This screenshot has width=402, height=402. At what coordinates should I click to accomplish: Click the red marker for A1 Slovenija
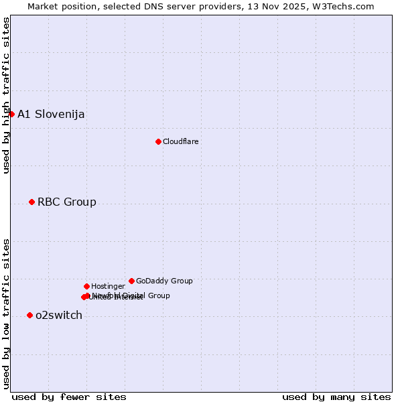(11, 114)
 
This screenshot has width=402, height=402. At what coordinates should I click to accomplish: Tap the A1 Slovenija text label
(51, 114)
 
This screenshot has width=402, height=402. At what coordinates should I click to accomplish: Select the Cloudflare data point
(158, 141)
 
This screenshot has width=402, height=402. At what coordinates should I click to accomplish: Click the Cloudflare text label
(180, 141)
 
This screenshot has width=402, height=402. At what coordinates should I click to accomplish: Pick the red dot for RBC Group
(31, 202)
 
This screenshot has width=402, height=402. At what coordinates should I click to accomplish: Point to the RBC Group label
(66, 202)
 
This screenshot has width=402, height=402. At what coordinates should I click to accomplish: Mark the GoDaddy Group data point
(131, 281)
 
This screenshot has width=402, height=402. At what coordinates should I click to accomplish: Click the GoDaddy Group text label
(164, 281)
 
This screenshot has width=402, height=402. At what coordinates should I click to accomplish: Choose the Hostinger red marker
(86, 286)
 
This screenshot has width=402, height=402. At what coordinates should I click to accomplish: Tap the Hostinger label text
(108, 286)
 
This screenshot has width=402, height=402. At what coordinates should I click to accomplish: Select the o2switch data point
(29, 315)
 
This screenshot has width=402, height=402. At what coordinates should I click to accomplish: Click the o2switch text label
(59, 315)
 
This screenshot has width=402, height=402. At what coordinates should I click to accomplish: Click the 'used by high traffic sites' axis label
(7, 95)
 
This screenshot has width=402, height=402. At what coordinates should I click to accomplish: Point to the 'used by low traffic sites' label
(7, 313)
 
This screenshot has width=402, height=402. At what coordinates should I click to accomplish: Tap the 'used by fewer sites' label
(69, 397)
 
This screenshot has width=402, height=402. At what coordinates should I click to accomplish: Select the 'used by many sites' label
(336, 397)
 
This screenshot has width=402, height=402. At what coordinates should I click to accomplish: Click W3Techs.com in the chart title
(345, 7)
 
